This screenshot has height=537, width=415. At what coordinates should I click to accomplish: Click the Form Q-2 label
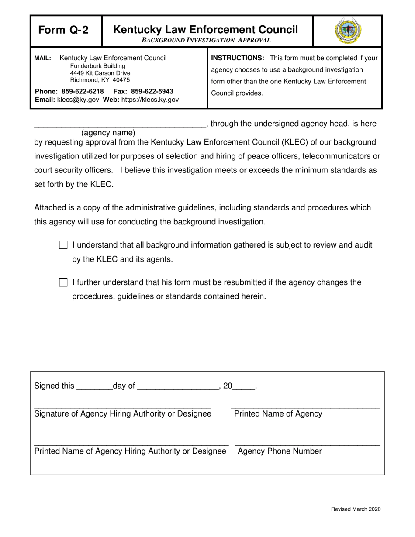coord(63,30)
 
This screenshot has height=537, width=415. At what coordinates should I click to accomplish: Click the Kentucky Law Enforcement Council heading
coord(206,30)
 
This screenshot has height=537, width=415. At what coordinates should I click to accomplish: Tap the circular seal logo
coord(348,31)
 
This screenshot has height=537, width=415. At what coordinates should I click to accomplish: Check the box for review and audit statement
coord(63,245)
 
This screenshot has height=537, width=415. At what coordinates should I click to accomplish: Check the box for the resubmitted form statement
coord(63,283)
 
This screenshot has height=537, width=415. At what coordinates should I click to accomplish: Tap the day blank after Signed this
coord(94,386)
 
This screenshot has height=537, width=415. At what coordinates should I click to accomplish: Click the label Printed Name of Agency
coord(278,414)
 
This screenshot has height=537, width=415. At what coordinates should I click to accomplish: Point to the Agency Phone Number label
coord(280,451)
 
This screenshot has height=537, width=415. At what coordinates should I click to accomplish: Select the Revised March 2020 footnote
coord(356,509)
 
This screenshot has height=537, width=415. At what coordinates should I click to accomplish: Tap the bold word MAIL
coord(43,58)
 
